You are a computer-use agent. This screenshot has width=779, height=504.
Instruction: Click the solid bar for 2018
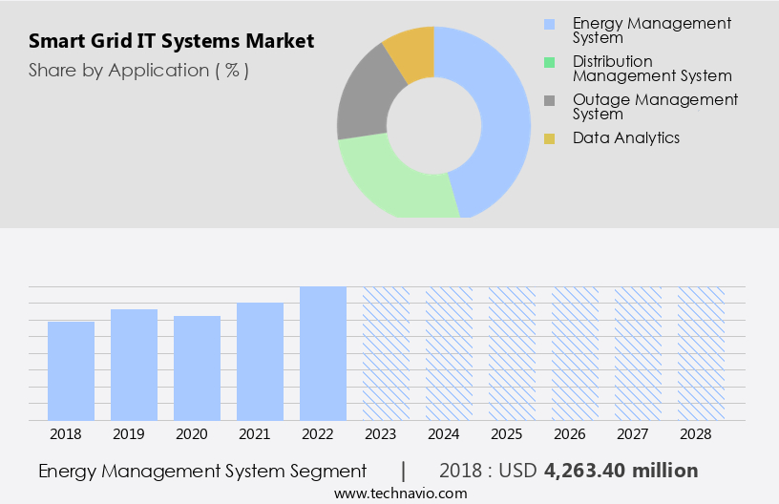tap(71, 370)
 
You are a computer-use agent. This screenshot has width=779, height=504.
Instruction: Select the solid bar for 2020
tap(197, 367)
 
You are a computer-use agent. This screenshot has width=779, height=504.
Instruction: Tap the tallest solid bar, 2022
tap(323, 353)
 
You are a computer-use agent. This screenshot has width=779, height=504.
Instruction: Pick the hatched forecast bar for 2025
tap(512, 353)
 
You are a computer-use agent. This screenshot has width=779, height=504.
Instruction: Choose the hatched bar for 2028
tap(701, 353)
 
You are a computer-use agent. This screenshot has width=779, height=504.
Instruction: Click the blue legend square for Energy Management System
tap(549, 24)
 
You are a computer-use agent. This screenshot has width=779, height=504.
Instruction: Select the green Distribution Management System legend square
tap(549, 62)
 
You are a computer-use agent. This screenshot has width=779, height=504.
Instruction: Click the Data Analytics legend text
tap(626, 137)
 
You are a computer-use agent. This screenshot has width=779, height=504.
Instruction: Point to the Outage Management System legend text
tap(655, 106)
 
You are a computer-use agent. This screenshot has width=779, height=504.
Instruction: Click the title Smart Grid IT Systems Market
tap(171, 42)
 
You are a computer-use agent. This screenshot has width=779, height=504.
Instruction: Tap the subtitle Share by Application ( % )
tap(138, 70)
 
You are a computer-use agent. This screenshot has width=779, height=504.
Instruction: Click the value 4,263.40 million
tap(621, 471)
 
